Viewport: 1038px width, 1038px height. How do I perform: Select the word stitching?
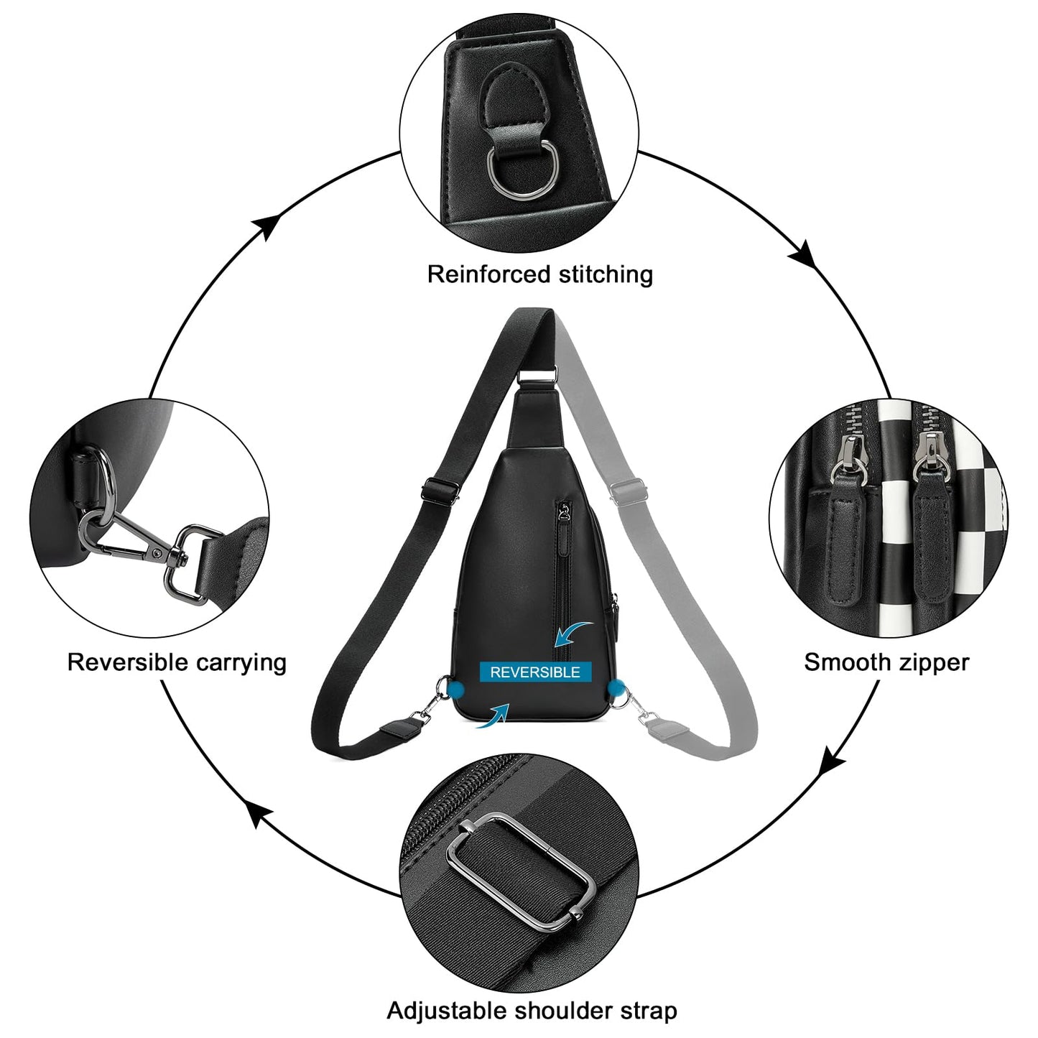tap(606, 274)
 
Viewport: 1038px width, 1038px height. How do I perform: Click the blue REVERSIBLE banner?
tap(535, 672)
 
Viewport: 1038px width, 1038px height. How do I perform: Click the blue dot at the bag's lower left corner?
tap(455, 689)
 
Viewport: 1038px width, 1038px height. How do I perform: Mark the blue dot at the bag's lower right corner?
tap(616, 688)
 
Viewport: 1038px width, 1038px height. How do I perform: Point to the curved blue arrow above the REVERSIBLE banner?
tap(571, 634)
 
